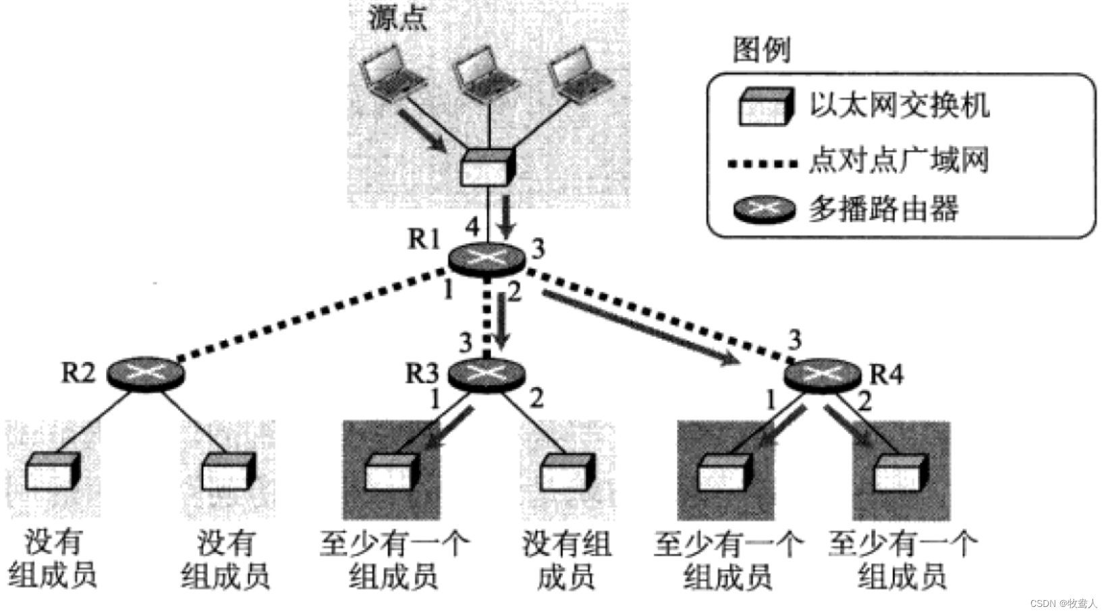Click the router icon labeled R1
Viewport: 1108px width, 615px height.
485,257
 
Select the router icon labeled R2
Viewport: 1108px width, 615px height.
146,372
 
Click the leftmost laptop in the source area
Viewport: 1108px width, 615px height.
393,73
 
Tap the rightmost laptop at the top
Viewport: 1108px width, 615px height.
579,73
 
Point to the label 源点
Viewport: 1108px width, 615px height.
398,18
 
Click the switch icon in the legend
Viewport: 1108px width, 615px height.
764,107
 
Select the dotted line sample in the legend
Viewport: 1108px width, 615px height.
763,163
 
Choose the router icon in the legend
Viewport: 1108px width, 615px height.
764,209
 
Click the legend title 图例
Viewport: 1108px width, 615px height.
761,50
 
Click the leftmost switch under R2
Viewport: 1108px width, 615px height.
52,471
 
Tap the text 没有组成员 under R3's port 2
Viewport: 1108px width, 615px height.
567,560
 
